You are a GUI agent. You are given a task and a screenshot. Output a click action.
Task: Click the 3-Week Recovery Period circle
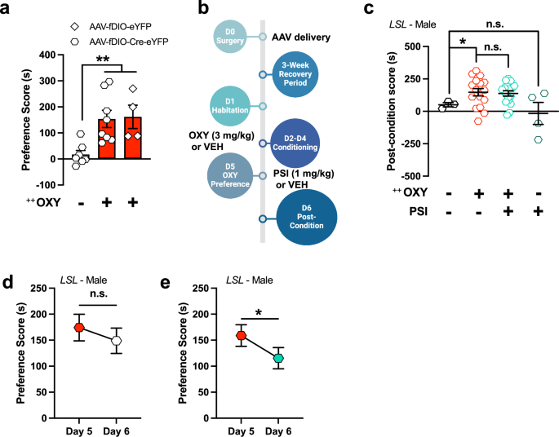(x=293, y=76)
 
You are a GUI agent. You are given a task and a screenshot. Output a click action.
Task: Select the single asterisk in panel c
(x=462, y=40)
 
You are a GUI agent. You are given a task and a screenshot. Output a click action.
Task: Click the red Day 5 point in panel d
(x=80, y=327)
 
